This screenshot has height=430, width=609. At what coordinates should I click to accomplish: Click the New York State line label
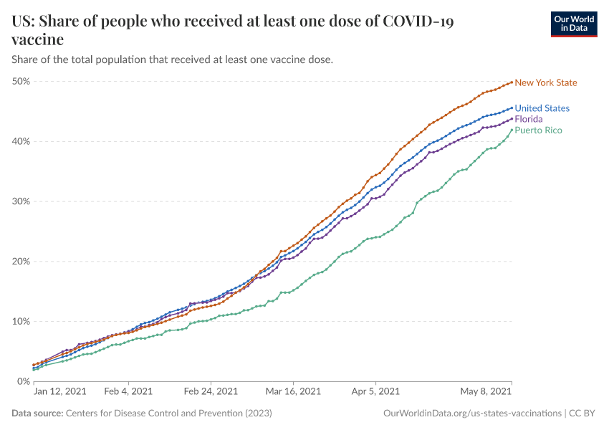click(x=545, y=82)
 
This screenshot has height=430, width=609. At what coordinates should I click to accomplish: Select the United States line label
click(x=542, y=108)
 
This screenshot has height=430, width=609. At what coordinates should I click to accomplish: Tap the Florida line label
click(x=529, y=118)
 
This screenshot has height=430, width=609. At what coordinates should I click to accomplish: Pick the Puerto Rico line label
click(x=538, y=130)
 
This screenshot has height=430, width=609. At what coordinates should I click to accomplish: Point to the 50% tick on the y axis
click(x=21, y=81)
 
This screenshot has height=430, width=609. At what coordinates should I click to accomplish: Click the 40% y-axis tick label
click(x=21, y=141)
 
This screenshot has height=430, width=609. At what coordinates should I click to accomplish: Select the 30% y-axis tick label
click(x=21, y=201)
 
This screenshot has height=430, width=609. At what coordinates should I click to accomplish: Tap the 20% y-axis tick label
click(x=21, y=262)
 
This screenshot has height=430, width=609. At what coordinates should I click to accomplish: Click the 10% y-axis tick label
click(x=21, y=321)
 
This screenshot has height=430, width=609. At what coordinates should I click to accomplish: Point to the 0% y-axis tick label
click(x=23, y=381)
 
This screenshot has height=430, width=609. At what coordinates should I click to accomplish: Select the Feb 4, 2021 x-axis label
click(x=128, y=391)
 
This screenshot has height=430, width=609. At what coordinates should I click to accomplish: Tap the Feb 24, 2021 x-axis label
click(x=211, y=391)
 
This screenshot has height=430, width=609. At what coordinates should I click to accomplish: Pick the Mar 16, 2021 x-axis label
click(x=294, y=391)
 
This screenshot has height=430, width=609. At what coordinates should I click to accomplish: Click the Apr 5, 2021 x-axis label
click(x=375, y=391)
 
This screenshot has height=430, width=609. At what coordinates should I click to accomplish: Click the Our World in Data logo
click(x=573, y=24)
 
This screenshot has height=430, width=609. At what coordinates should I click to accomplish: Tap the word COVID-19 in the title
click(x=418, y=21)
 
